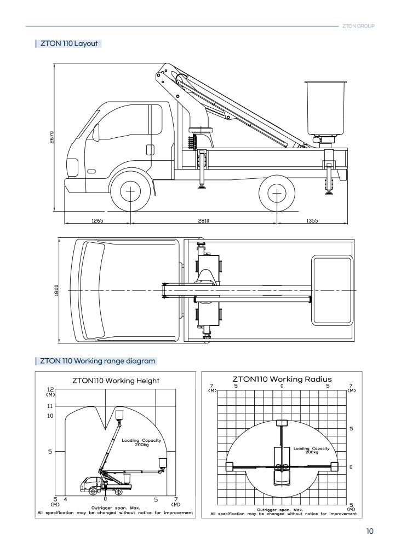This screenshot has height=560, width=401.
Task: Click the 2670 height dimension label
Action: point(51,137)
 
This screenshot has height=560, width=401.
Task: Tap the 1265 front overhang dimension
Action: point(98,221)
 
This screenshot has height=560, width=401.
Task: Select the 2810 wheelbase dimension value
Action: point(204,221)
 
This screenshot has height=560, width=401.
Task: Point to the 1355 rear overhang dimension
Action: point(312,221)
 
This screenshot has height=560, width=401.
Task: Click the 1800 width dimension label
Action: point(56,290)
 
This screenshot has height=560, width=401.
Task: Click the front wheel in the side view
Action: point(130,192)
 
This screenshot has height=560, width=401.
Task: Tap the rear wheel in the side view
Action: point(277,193)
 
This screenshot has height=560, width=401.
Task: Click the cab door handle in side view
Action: point(150,150)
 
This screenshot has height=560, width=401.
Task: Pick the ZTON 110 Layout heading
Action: point(69,44)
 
